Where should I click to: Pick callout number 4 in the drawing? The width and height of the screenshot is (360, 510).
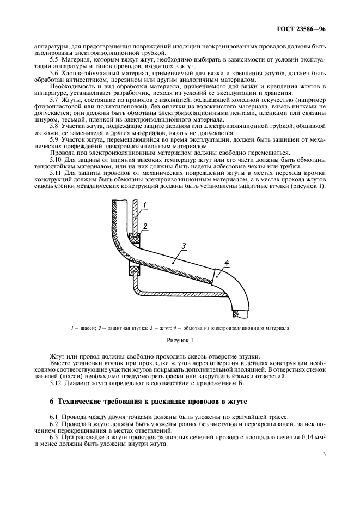227,264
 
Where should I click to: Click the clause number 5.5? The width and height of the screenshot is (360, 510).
55,58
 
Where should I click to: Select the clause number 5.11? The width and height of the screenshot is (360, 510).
57,173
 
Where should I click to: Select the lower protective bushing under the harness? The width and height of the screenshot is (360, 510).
133,270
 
